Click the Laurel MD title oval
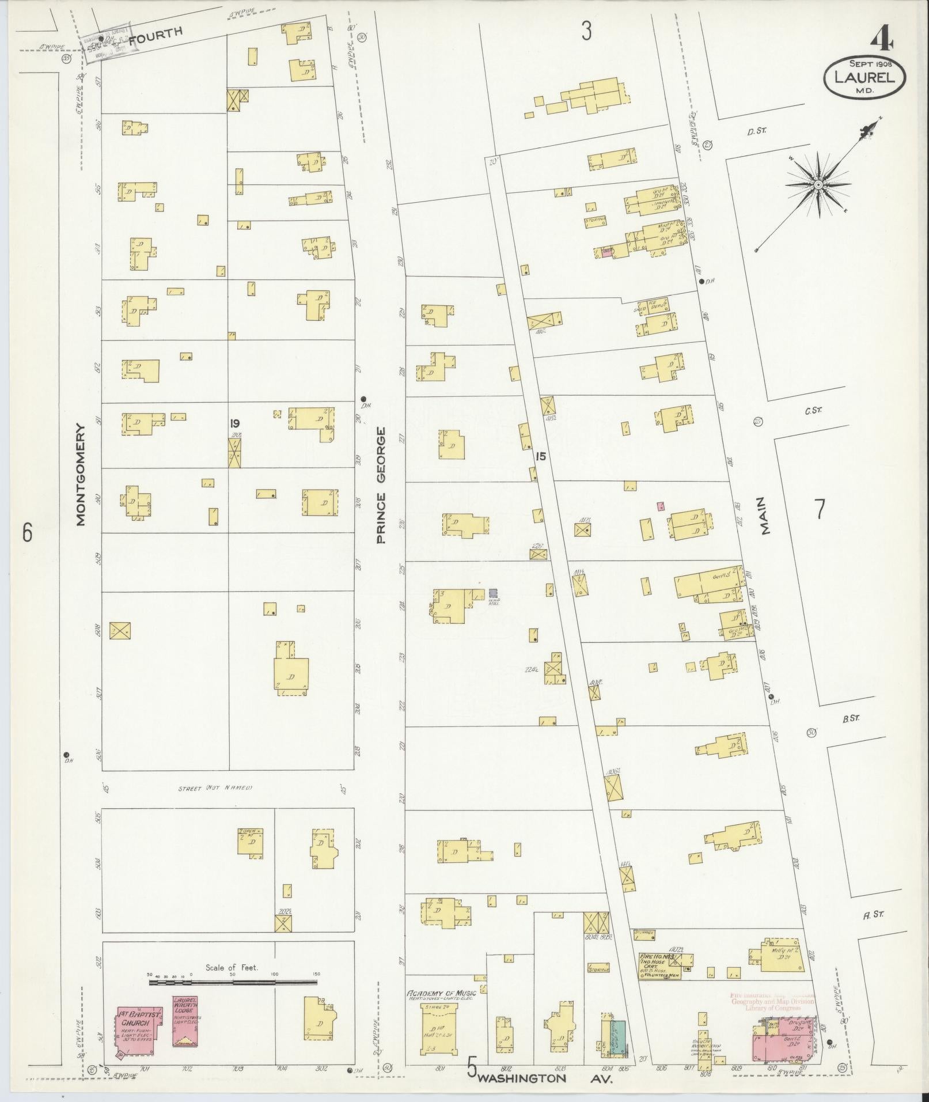point(864,77)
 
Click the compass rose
point(817,184)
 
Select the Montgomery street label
point(80,475)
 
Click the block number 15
point(540,456)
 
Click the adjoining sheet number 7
point(819,509)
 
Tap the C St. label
point(813,410)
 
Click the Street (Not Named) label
point(215,788)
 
